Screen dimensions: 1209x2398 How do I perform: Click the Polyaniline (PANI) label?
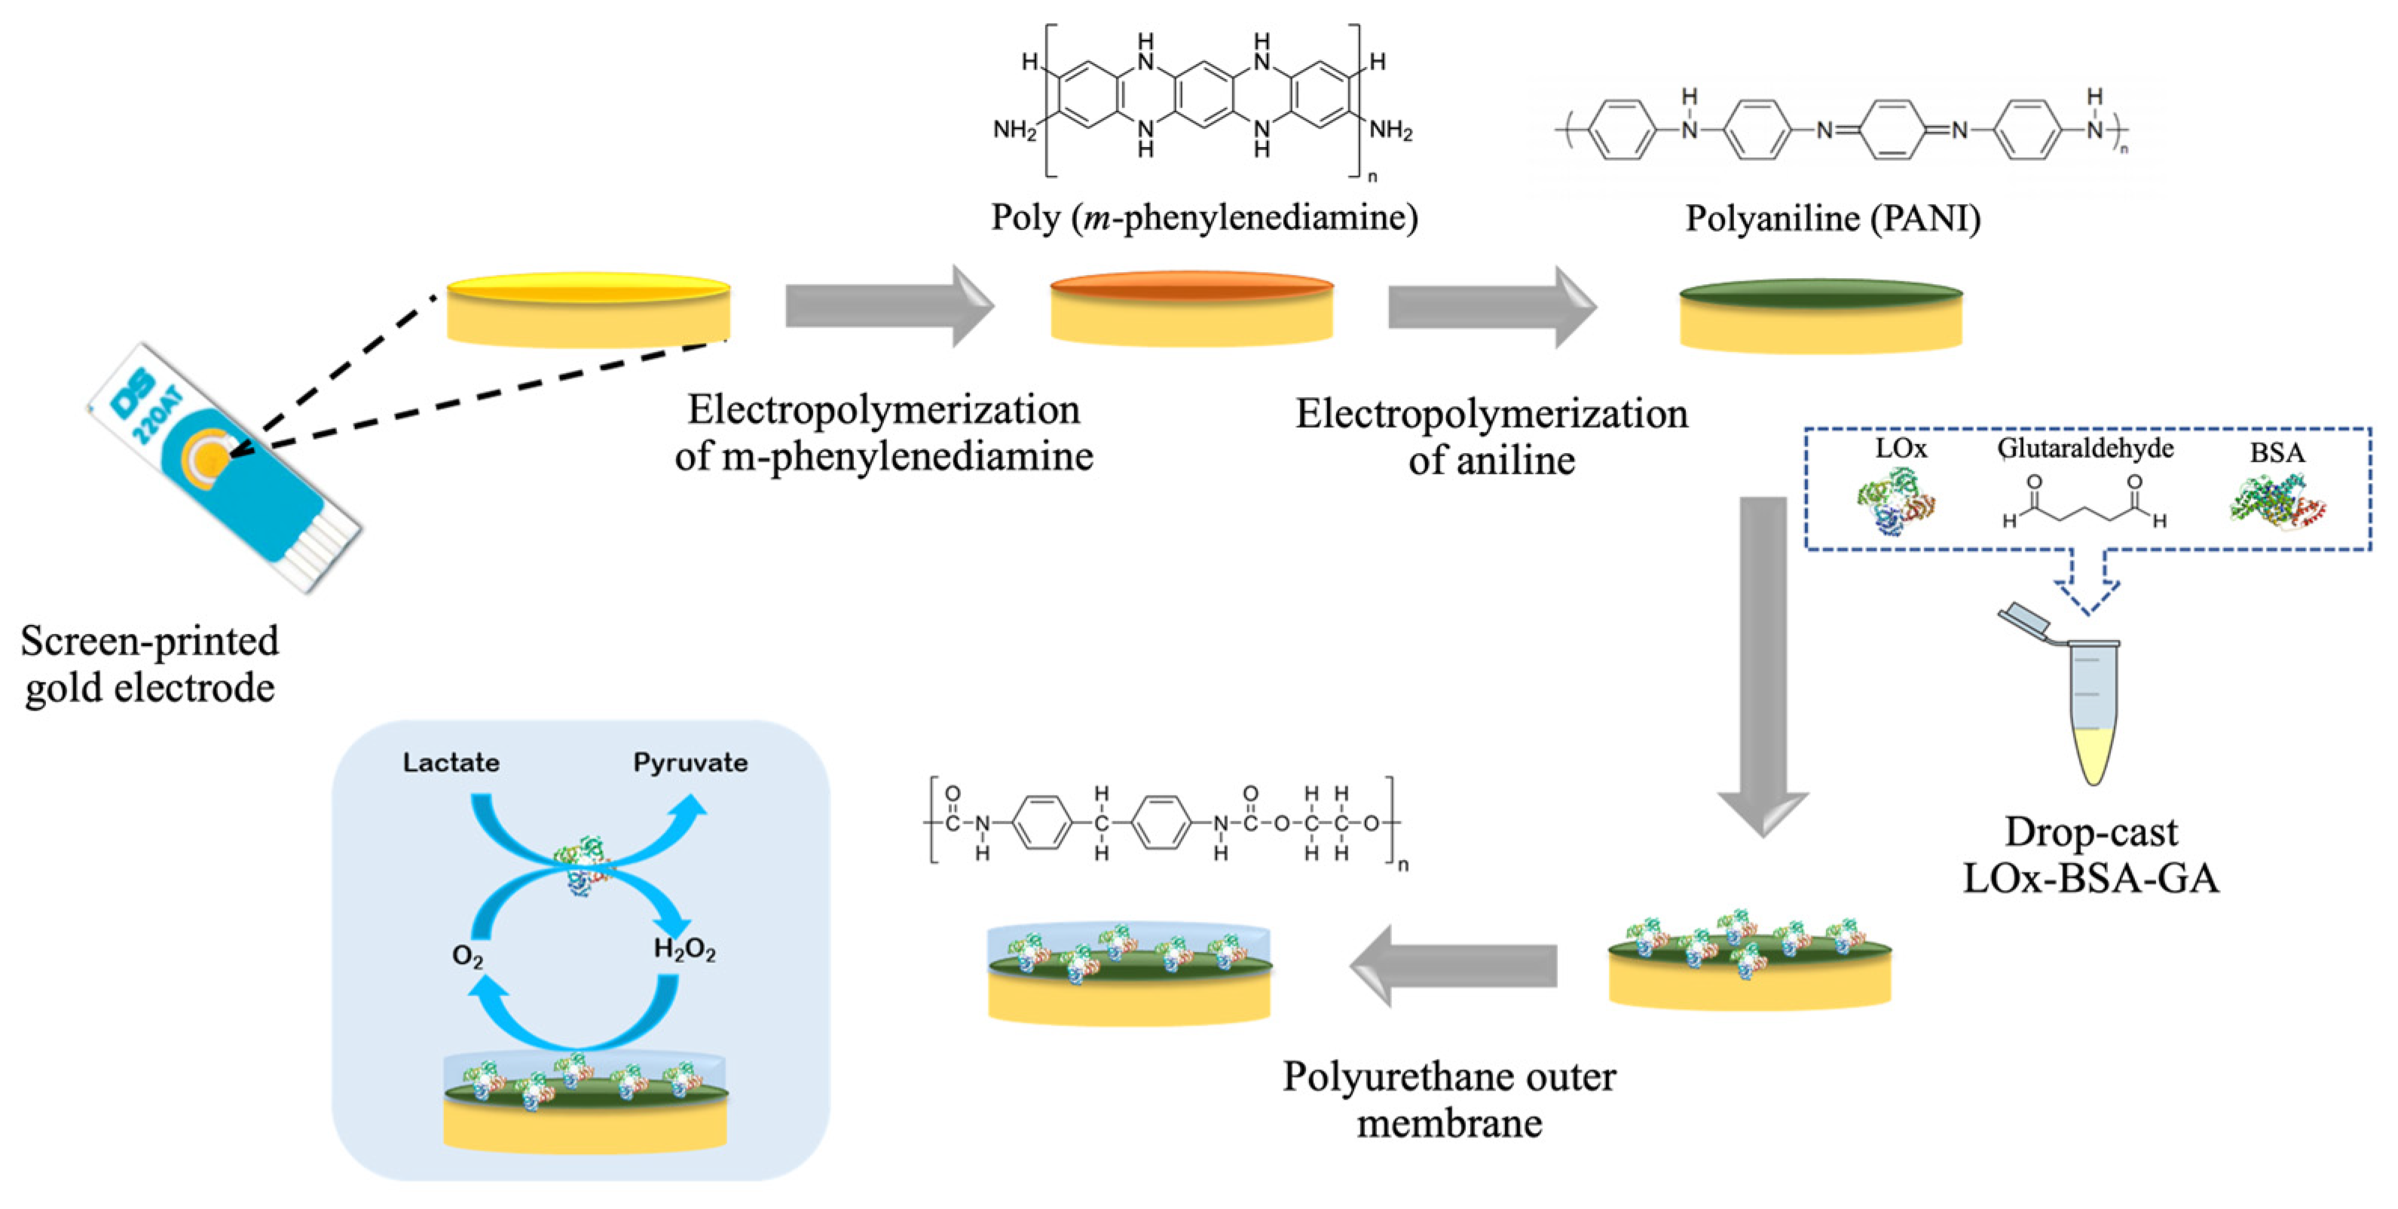pyautogui.click(x=1832, y=218)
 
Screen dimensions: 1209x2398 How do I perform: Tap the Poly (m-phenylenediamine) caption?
pyautogui.click(x=1204, y=217)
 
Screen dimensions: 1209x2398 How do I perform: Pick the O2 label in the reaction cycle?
pyautogui.click(x=467, y=956)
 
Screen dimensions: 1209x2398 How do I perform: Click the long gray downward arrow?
pyautogui.click(x=1762, y=661)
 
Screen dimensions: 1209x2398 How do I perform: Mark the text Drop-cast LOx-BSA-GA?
pyautogui.click(x=2091, y=855)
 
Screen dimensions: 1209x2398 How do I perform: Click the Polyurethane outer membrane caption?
pyautogui.click(x=1448, y=1099)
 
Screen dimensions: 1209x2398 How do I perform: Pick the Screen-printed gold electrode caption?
pyautogui.click(x=150, y=663)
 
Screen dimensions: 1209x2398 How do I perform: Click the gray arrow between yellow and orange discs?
pyautogui.click(x=889, y=306)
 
